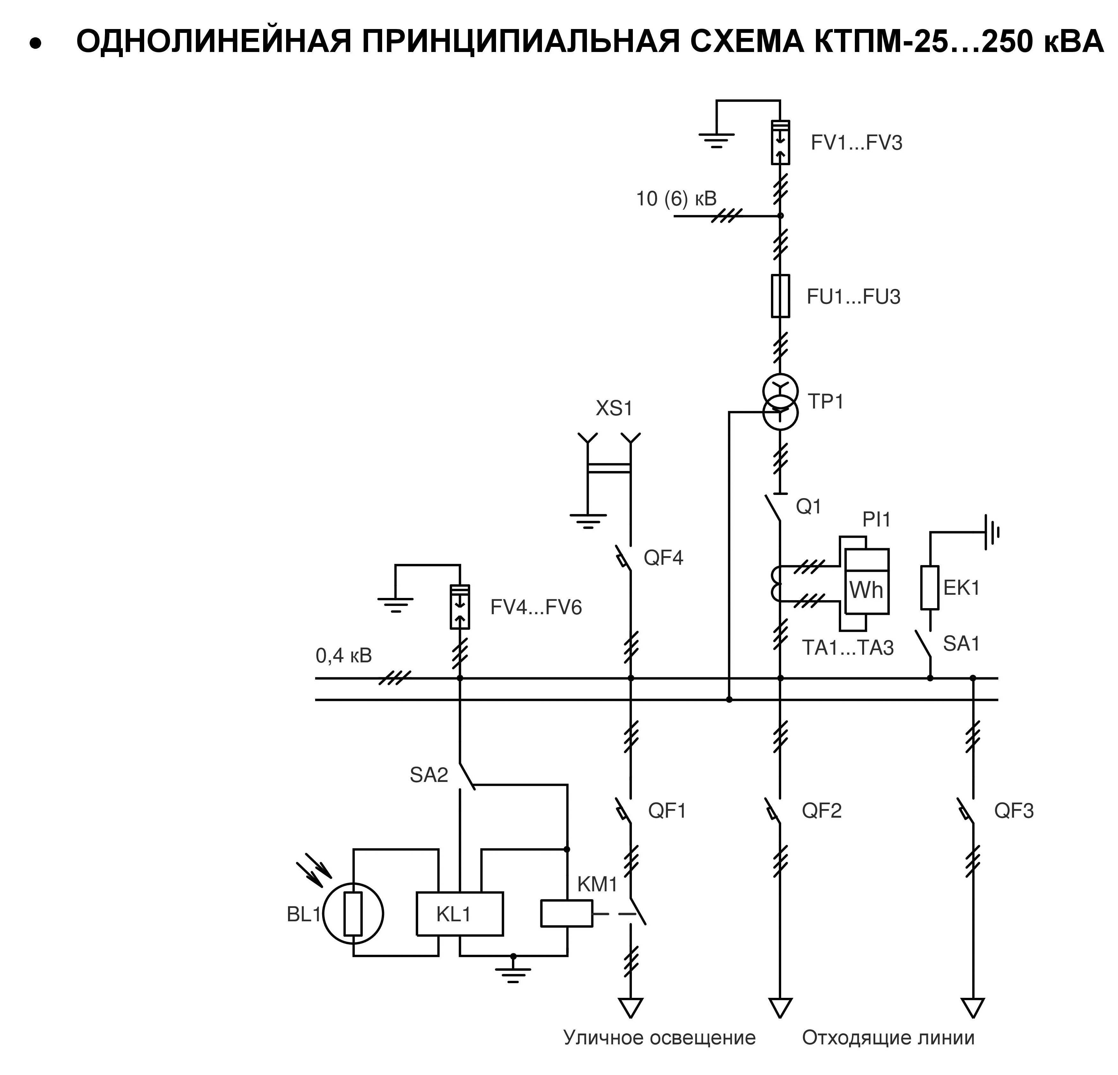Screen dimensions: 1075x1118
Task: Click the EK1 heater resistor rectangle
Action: (930, 588)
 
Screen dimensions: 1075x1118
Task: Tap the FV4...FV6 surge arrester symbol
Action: (460, 607)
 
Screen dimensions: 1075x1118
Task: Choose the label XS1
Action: (614, 409)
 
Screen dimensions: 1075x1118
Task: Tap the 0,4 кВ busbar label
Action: (344, 656)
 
